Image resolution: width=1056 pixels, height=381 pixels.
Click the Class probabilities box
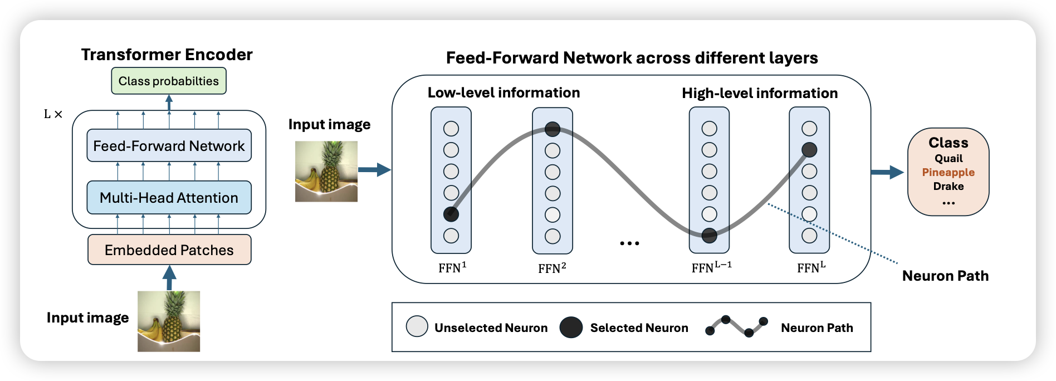tap(169, 81)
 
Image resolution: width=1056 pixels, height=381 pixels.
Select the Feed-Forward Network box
tap(169, 146)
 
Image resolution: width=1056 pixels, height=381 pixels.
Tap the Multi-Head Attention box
tap(169, 198)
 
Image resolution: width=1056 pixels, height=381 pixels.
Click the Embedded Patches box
tap(169, 250)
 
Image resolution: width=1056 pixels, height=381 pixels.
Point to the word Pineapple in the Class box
tap(948, 173)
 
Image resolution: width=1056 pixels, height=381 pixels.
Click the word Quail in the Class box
tap(948, 159)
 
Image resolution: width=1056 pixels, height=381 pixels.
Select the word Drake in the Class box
tap(948, 187)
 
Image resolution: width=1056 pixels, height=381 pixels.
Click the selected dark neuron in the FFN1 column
tap(451, 214)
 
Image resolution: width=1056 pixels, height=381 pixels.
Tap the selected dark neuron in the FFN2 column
tap(553, 129)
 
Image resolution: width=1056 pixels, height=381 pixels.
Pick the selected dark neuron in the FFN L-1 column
tap(709, 236)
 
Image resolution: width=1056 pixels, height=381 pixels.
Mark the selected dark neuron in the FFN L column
tap(809, 150)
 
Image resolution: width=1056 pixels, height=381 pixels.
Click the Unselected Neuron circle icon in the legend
tap(417, 327)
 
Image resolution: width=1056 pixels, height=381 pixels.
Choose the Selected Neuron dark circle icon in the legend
tap(571, 328)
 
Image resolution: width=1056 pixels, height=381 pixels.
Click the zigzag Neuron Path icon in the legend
tap(736, 327)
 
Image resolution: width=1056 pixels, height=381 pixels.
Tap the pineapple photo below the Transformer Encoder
tap(169, 321)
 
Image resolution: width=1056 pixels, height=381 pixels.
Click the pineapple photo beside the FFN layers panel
tap(326, 171)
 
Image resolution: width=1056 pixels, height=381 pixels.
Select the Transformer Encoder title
tap(167, 55)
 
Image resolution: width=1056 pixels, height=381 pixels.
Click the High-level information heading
tap(760, 93)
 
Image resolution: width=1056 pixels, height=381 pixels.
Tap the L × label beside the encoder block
tap(53, 114)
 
